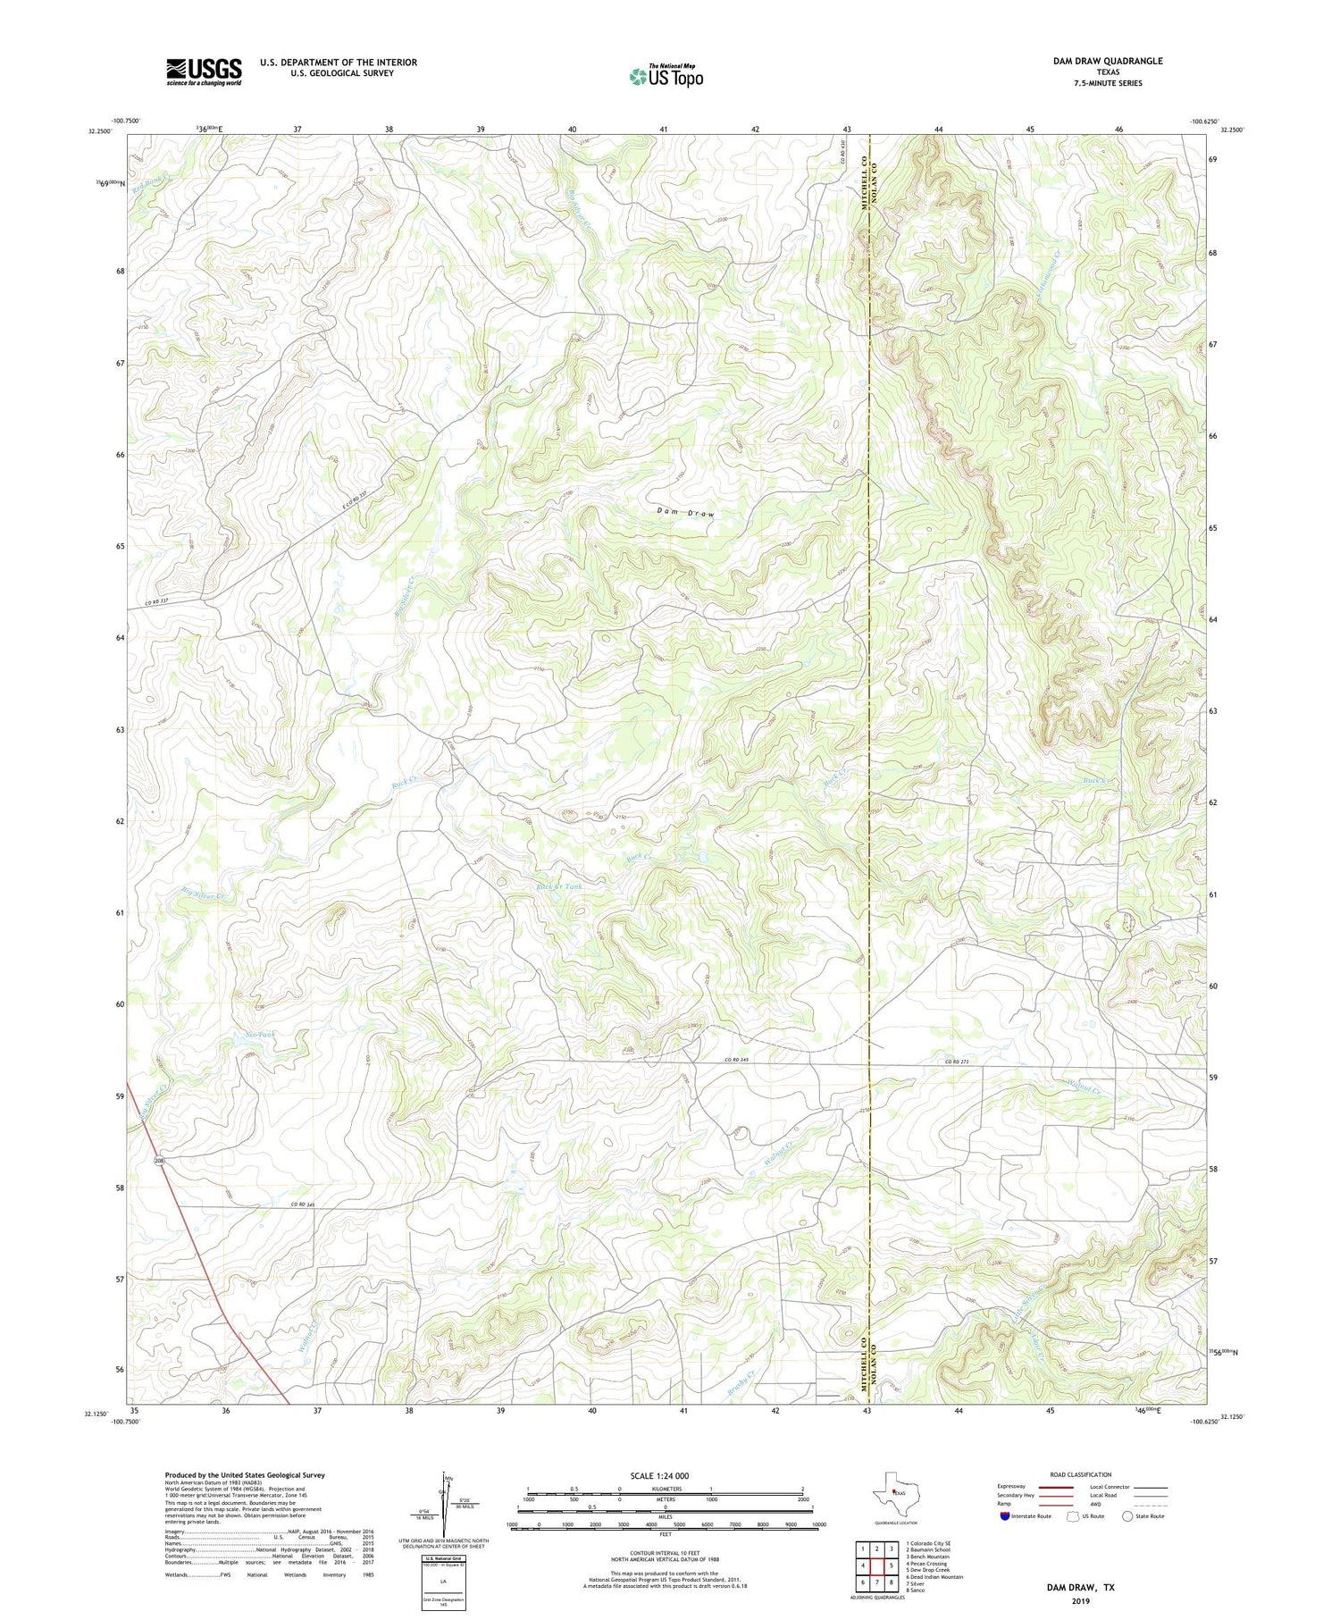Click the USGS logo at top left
pos(204,71)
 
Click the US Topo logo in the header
pos(666,77)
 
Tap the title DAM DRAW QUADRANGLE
pos(1107,61)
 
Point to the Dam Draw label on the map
pos(686,512)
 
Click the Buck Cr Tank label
pos(558,886)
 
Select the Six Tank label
pos(260,1035)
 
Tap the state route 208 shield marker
pos(159,1162)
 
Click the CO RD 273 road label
pos(957,1062)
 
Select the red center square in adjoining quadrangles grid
pos(877,1566)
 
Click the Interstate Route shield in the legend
pos(1005,1516)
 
